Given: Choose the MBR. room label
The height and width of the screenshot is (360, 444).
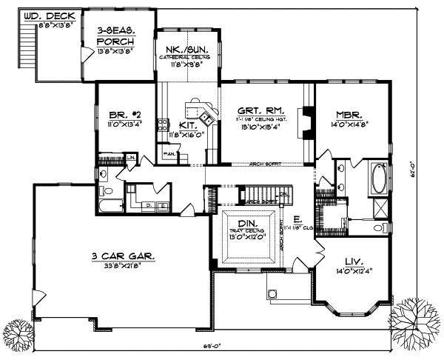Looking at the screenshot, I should pos(348,116).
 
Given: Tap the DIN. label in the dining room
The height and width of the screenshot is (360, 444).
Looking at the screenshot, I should pos(248,224).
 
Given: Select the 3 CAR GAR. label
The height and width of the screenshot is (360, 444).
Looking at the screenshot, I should pos(123,256).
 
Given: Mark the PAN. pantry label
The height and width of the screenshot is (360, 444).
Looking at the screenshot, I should pos(170,154).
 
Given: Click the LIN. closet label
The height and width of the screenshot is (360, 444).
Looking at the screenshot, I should pos(130,157).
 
